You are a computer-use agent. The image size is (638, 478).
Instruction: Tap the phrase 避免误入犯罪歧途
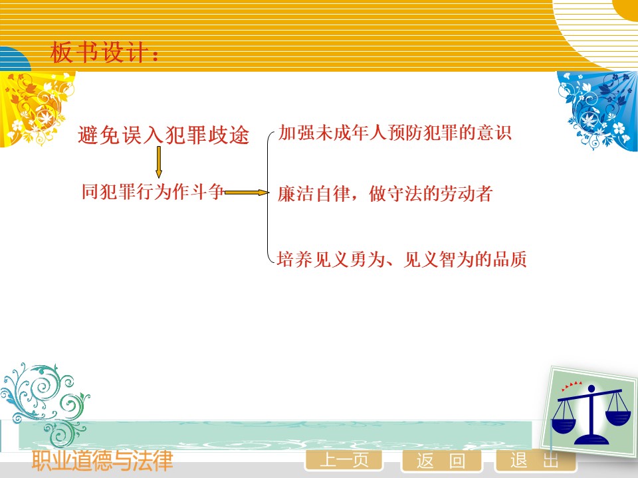tap(163, 135)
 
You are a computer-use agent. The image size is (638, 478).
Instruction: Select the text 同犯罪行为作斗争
tap(153, 191)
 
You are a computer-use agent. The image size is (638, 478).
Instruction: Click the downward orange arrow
tap(159, 162)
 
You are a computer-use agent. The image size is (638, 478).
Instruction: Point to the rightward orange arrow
tap(247, 193)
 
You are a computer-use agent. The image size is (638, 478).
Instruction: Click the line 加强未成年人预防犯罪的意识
tap(395, 133)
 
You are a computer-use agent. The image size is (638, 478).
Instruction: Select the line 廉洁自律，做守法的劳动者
tap(385, 193)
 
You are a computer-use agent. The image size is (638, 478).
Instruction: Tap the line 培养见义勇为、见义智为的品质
tap(402, 260)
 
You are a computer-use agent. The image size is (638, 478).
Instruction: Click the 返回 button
tap(441, 461)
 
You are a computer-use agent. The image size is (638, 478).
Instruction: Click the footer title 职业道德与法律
tap(102, 461)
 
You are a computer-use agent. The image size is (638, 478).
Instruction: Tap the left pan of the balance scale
tap(563, 425)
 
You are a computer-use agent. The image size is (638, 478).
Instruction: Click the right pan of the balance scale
tap(618, 418)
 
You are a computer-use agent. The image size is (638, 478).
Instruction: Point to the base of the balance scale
tap(591, 439)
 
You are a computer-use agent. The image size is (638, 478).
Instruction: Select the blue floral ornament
tap(597, 110)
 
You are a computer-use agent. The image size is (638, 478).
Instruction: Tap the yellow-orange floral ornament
tap(36, 108)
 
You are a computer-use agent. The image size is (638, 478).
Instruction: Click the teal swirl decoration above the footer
tap(45, 402)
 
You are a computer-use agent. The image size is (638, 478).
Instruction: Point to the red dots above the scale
tap(572, 385)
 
